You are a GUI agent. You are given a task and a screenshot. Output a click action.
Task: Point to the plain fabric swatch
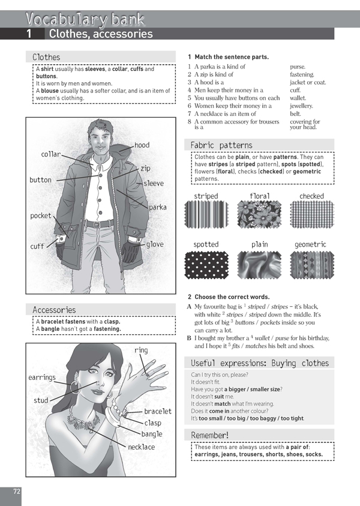point(260,265)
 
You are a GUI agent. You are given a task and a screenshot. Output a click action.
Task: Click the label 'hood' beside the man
point(142,145)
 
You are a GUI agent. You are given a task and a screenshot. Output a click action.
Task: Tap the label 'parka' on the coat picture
point(158,207)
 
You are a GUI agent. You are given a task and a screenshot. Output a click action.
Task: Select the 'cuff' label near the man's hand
point(37,246)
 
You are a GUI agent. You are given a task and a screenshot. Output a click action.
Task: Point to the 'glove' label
point(154,244)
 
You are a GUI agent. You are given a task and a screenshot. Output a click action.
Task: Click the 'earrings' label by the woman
point(42,378)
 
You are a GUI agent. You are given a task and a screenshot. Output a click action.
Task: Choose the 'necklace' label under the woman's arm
point(141,447)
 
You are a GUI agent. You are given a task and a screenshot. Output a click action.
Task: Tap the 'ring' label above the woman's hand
point(141,350)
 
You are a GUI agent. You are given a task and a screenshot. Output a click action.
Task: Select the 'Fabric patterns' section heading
point(221,145)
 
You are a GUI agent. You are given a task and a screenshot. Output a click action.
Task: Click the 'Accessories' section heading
point(54,310)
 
